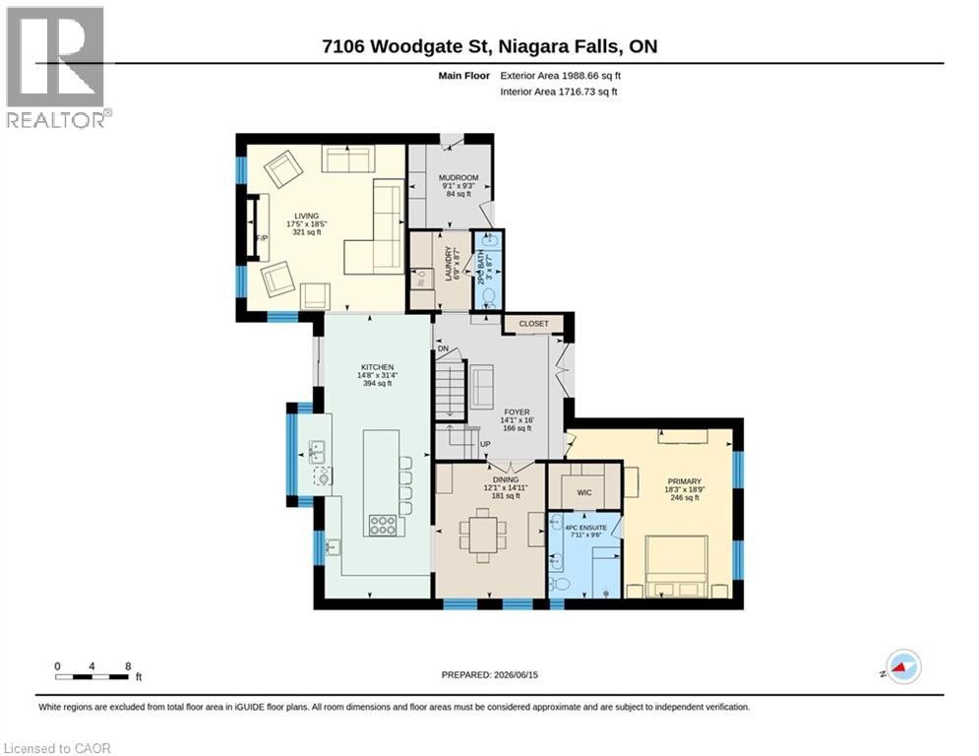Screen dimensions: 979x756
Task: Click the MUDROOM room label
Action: tap(459, 177)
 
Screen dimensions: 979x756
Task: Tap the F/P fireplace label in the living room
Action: tap(262, 238)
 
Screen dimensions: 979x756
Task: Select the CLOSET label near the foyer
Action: tap(534, 324)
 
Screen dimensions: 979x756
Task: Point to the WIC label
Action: tap(584, 493)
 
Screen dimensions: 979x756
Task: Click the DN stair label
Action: tap(444, 348)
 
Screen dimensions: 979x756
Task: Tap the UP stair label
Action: tap(485, 444)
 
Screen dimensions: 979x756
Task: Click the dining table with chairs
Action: tap(483, 535)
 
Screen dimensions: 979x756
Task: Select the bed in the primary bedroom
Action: tap(677, 566)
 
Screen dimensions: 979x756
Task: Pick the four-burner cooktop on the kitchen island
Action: tap(382, 525)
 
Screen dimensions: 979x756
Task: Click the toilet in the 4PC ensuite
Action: tap(560, 584)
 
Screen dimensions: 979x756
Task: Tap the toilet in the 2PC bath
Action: tap(489, 295)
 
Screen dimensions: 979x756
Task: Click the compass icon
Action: tap(904, 666)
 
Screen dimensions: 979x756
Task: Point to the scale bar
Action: tap(92, 676)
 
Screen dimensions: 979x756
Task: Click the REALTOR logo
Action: tap(56, 68)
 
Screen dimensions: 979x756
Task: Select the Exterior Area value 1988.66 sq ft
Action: tap(591, 76)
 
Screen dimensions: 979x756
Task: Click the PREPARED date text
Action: tap(490, 674)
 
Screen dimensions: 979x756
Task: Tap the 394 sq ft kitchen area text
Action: tap(378, 384)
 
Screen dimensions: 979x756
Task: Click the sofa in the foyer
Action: tap(481, 387)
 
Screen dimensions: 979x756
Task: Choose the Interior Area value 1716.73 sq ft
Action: tap(587, 92)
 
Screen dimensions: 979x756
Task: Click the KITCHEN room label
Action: tap(378, 367)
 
